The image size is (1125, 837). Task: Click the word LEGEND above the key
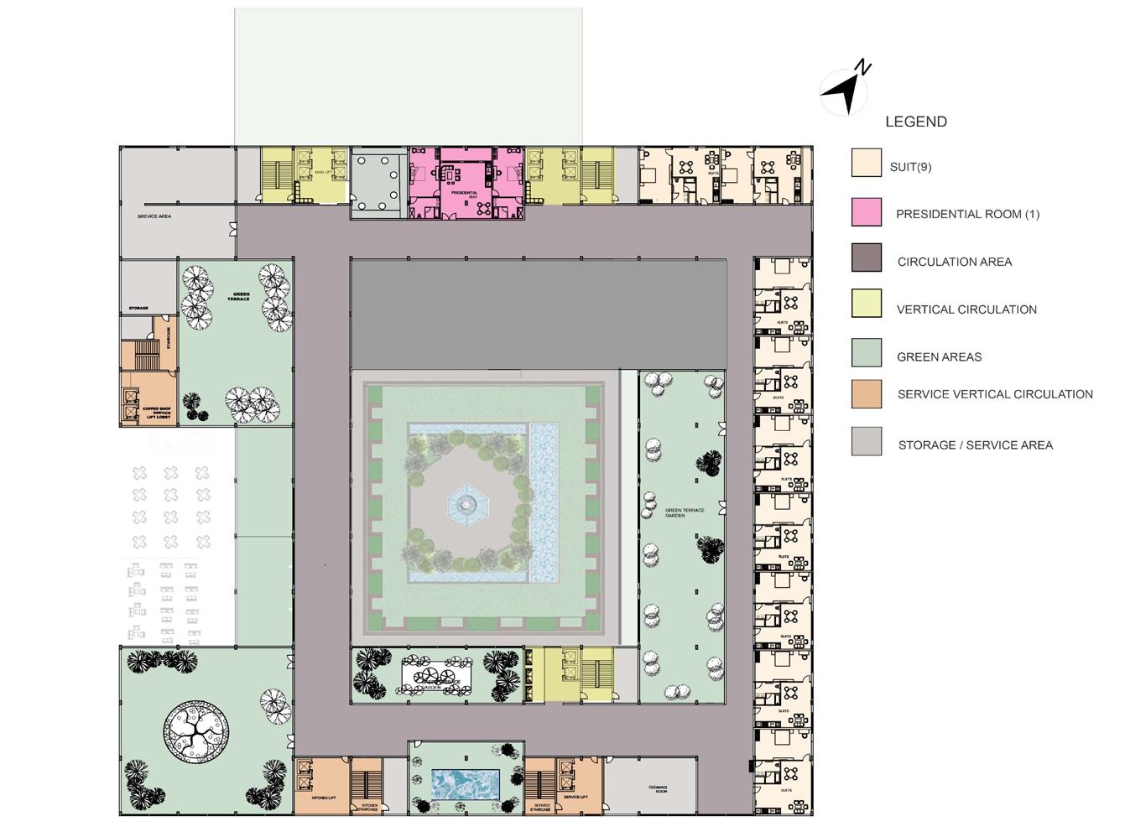916,122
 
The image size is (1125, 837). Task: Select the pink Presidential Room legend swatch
867,212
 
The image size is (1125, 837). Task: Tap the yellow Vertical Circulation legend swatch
867,304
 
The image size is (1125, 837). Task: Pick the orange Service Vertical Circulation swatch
867,394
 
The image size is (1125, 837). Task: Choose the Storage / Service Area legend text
975,445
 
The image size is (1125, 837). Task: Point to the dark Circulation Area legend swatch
867,257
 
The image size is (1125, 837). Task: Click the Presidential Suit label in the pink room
464,194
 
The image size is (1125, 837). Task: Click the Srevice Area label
154,216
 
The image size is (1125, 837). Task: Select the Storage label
138,309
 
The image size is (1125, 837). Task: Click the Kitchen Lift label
323,798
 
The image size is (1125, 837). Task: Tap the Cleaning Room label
658,788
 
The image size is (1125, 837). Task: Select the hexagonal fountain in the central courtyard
466,503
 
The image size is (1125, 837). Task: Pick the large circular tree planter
197,731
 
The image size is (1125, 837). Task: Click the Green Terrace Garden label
685,512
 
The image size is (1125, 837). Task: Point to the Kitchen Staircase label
369,807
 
